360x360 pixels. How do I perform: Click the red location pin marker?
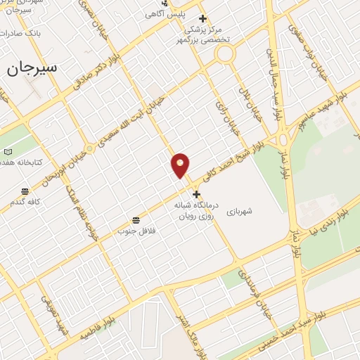(181, 165)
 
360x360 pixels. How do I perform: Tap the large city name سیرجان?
(32, 68)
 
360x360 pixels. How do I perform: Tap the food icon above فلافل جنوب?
(135, 220)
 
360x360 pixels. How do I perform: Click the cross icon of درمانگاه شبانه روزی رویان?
(196, 194)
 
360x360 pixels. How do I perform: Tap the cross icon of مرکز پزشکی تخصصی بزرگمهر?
(203, 18)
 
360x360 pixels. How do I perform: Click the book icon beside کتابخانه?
(8, 151)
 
